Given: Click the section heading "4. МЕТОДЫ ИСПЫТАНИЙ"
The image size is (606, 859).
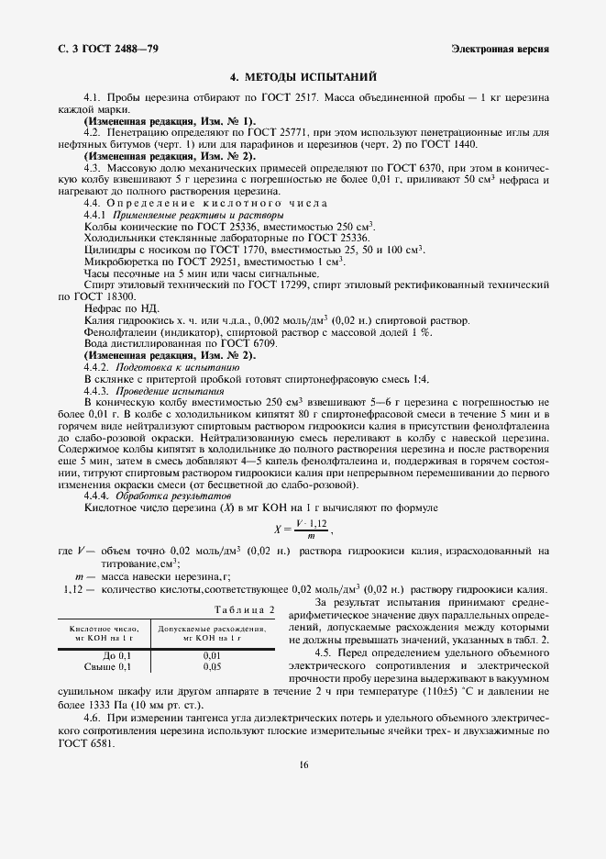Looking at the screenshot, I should pos(302,77).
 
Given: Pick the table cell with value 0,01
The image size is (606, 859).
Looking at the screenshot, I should pos(212,655).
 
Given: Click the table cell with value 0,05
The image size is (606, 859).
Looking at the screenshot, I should pos(212,666).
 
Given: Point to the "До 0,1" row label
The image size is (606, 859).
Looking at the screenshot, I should pos(118,655).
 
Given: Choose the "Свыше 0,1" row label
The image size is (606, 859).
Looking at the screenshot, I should pos(112,666).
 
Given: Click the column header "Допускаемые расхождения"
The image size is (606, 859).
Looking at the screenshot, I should pos(213,629).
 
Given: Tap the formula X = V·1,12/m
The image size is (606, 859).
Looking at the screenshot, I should pos(302,529).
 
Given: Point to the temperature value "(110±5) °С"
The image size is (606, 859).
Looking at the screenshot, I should pos(447,684).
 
